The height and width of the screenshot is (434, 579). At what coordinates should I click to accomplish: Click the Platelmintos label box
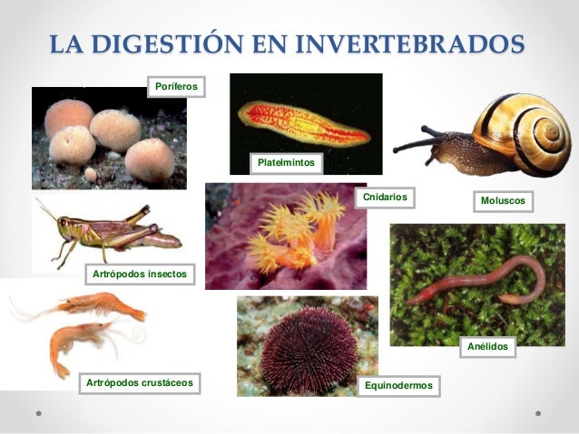point(286,163)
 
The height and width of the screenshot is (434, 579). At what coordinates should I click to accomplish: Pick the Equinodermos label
point(398,387)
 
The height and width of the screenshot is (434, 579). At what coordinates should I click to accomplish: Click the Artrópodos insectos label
point(139,273)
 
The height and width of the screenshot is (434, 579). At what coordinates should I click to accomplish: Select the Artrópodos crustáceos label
point(140,383)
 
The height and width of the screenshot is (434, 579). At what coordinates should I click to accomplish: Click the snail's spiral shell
point(529,133)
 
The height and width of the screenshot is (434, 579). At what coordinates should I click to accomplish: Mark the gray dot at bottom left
point(38,411)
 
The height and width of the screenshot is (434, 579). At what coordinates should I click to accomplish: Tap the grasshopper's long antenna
point(46,210)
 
